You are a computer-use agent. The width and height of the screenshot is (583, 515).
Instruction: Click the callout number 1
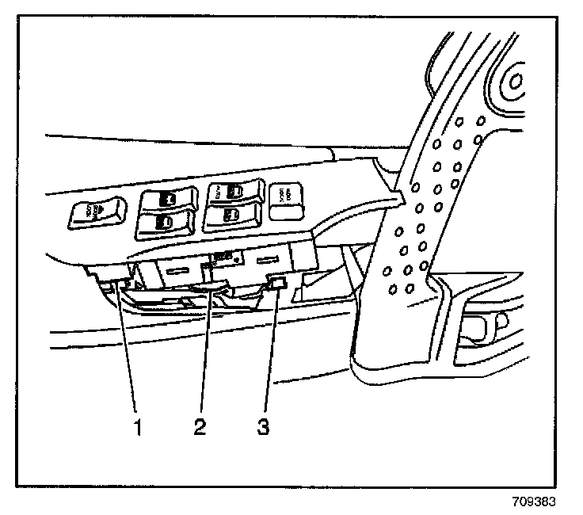(139, 429)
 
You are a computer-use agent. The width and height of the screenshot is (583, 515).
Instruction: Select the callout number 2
(200, 429)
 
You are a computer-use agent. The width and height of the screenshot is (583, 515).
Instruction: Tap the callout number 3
(262, 429)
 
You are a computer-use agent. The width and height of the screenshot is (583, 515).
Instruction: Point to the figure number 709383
(535, 502)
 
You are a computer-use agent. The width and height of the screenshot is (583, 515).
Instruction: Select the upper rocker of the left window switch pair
(166, 200)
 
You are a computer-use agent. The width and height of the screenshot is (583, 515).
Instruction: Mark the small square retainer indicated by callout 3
(276, 283)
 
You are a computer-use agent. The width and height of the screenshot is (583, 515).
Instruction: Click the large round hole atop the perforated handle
(516, 82)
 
